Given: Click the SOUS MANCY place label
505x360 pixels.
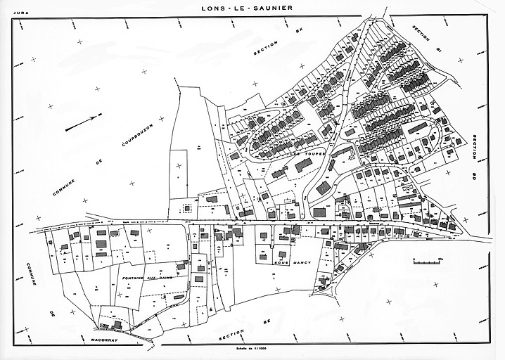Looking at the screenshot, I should tap(286, 263).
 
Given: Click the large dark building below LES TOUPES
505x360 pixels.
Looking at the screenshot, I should tap(304, 165).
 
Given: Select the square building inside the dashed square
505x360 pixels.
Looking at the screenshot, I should tap(187, 209).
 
